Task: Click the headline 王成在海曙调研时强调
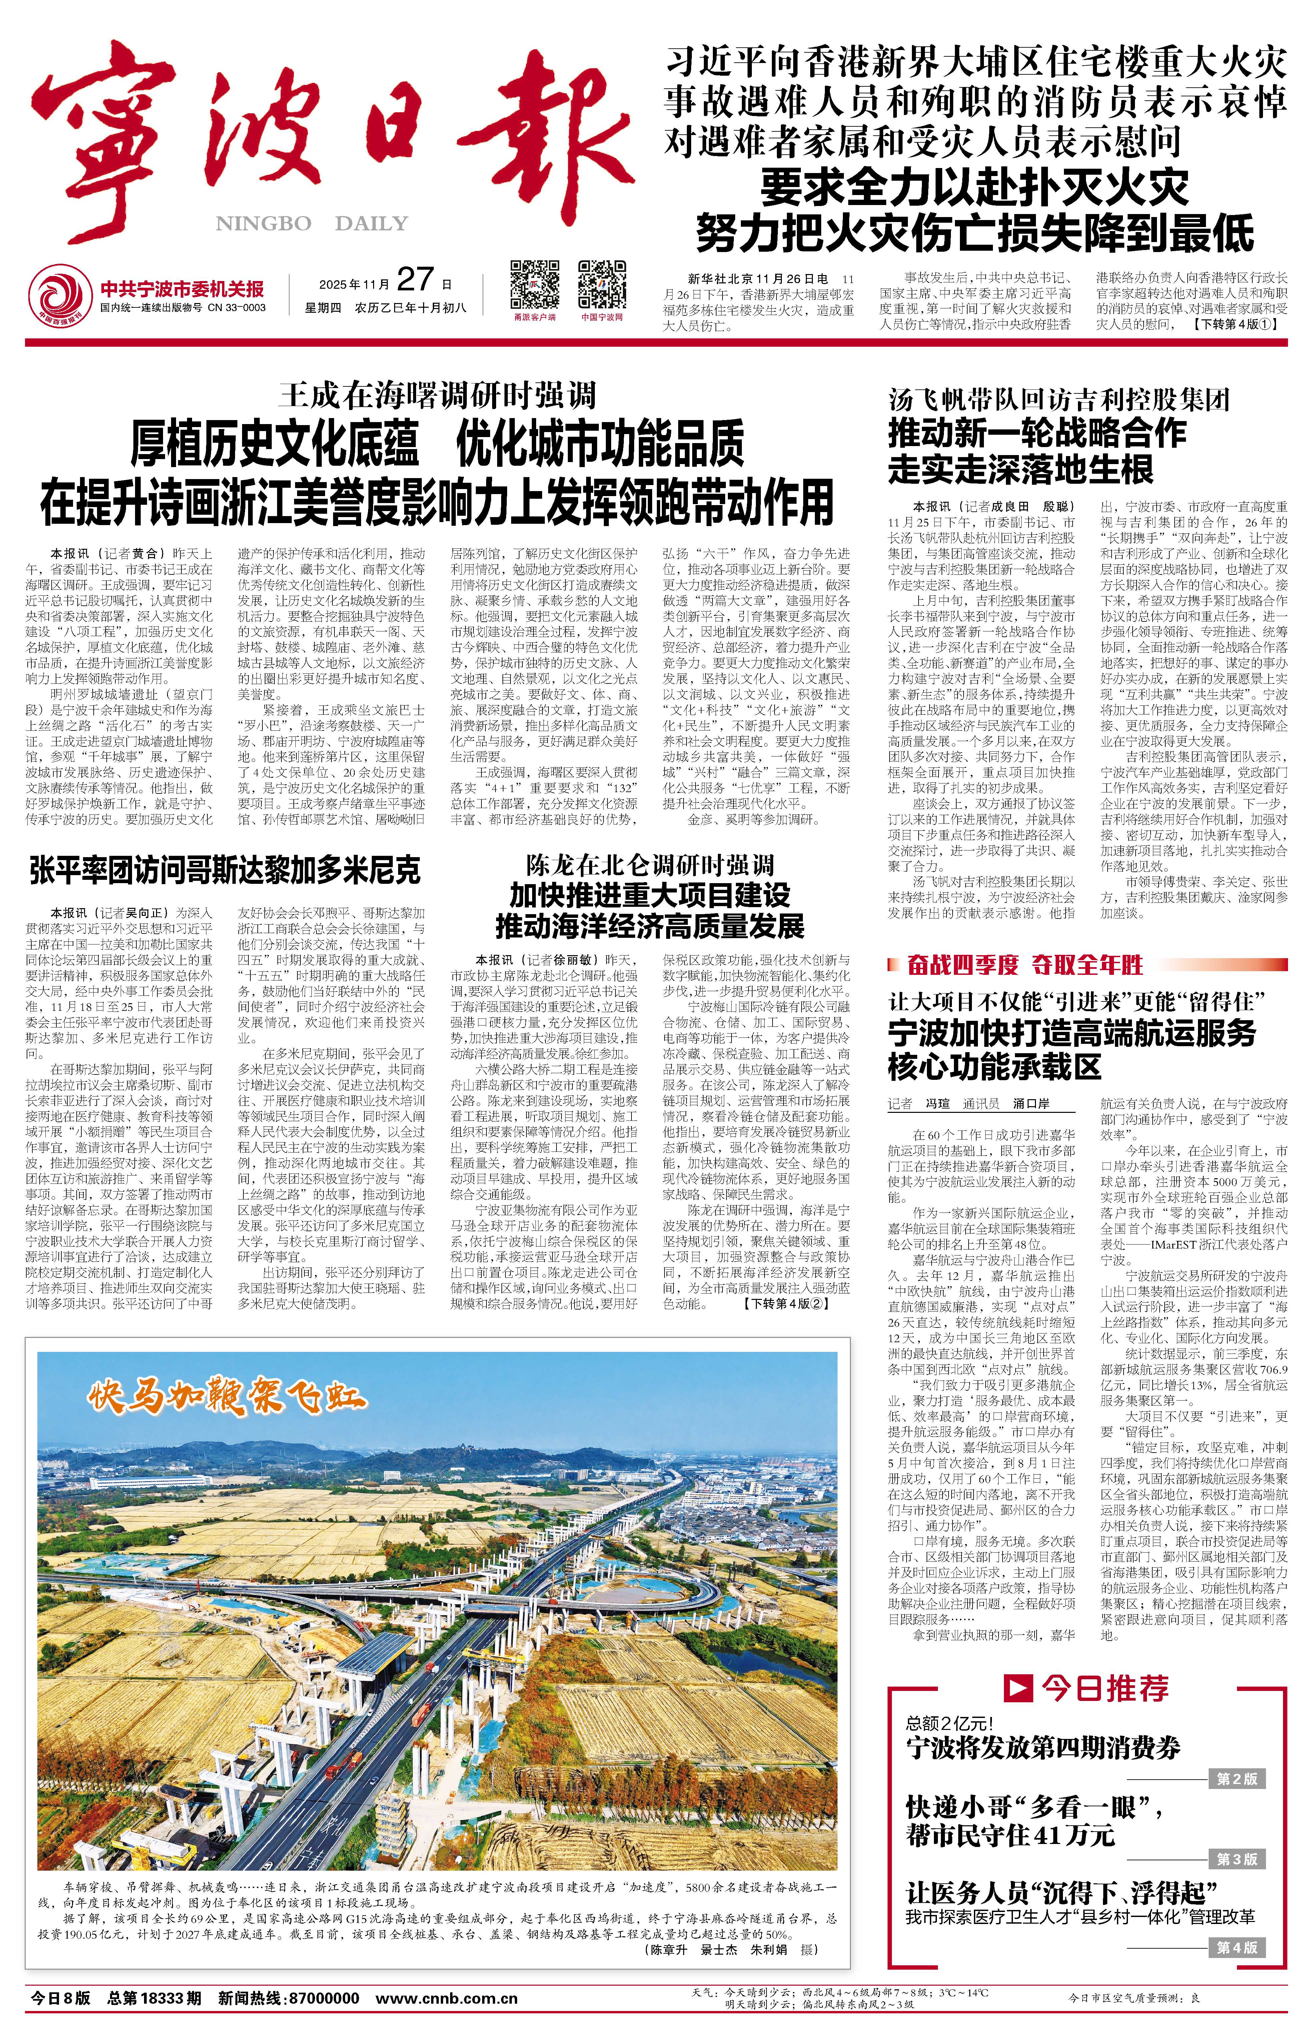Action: point(437,395)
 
